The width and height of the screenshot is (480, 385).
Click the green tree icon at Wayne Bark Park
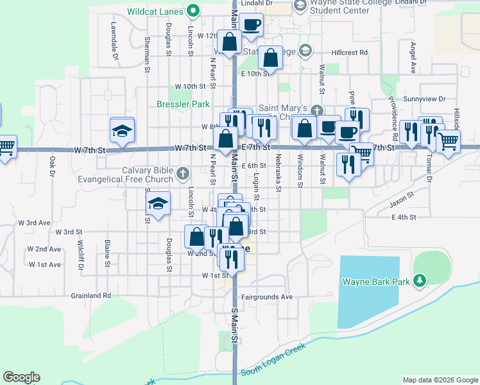point(420,280)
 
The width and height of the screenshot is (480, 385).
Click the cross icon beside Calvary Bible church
point(183,172)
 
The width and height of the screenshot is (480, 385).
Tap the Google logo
point(22,377)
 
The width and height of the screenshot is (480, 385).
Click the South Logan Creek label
point(274,360)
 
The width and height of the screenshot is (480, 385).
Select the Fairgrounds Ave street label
point(267,297)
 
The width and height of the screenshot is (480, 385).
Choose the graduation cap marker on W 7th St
point(123,130)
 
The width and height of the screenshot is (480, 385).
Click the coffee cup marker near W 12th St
point(251,25)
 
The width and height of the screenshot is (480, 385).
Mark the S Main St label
point(235,325)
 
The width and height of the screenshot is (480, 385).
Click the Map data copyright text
point(440,380)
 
